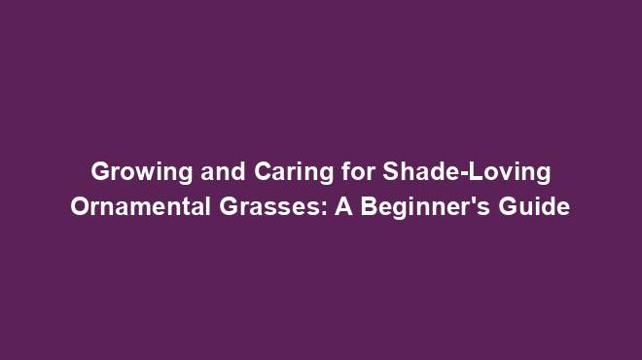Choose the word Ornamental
pos(142,207)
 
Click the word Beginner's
pos(423,208)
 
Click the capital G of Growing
pos(100,172)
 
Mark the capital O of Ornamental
pos(81,207)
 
